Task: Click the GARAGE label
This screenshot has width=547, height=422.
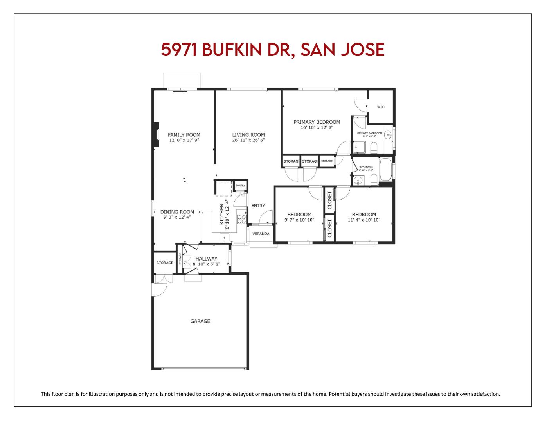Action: click(200, 321)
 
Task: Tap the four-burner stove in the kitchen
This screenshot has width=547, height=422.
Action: click(241, 219)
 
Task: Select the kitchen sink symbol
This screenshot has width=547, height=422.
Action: click(225, 237)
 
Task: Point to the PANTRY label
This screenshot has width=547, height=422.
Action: click(240, 186)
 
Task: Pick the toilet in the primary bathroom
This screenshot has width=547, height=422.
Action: click(373, 147)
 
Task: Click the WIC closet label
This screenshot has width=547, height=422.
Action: click(381, 107)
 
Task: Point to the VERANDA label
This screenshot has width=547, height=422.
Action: click(261, 234)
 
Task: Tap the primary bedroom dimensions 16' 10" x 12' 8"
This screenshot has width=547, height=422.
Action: click(317, 127)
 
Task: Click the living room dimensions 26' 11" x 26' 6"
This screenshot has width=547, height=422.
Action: click(248, 140)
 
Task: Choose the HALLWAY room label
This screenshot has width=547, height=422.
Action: click(206, 259)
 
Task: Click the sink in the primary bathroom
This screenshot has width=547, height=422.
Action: click(388, 135)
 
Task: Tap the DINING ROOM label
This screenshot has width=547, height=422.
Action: click(177, 212)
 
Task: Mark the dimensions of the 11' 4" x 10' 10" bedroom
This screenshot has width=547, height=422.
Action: click(364, 220)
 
